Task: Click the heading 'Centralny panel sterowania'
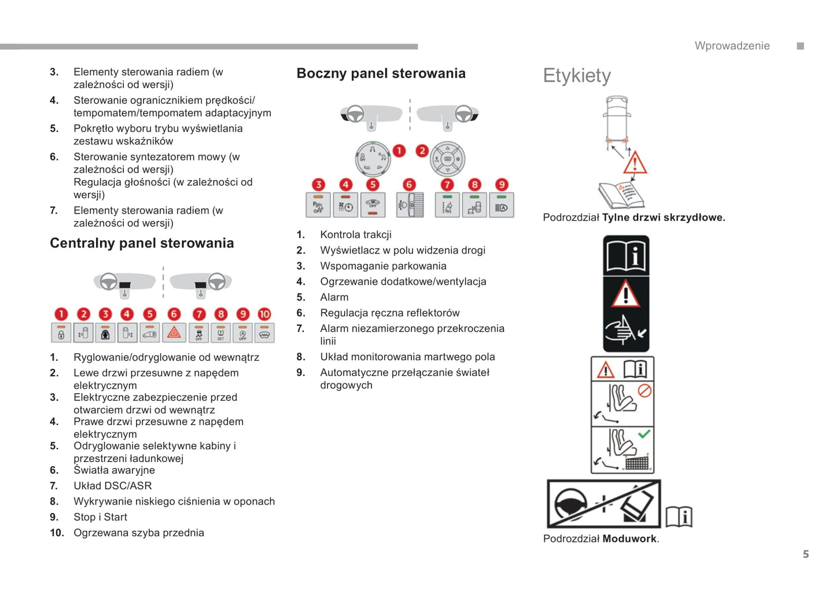(142, 243)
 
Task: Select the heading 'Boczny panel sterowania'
(381, 74)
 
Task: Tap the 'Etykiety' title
(576, 76)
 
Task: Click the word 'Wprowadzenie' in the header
(732, 46)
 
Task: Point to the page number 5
(805, 554)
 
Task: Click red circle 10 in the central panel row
(264, 314)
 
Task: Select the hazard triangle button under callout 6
(174, 333)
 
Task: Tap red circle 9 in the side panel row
(502, 185)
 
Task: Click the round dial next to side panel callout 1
(372, 158)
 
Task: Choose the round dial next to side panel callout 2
(448, 159)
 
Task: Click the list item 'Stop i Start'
(100, 517)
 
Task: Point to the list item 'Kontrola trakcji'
(356, 234)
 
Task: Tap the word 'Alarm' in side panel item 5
(334, 297)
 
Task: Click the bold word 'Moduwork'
(629, 538)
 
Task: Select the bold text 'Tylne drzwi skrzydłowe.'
(663, 218)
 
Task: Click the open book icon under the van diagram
(621, 195)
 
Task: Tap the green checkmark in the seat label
(644, 434)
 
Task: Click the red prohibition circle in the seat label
(645, 391)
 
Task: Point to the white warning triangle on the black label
(625, 294)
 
